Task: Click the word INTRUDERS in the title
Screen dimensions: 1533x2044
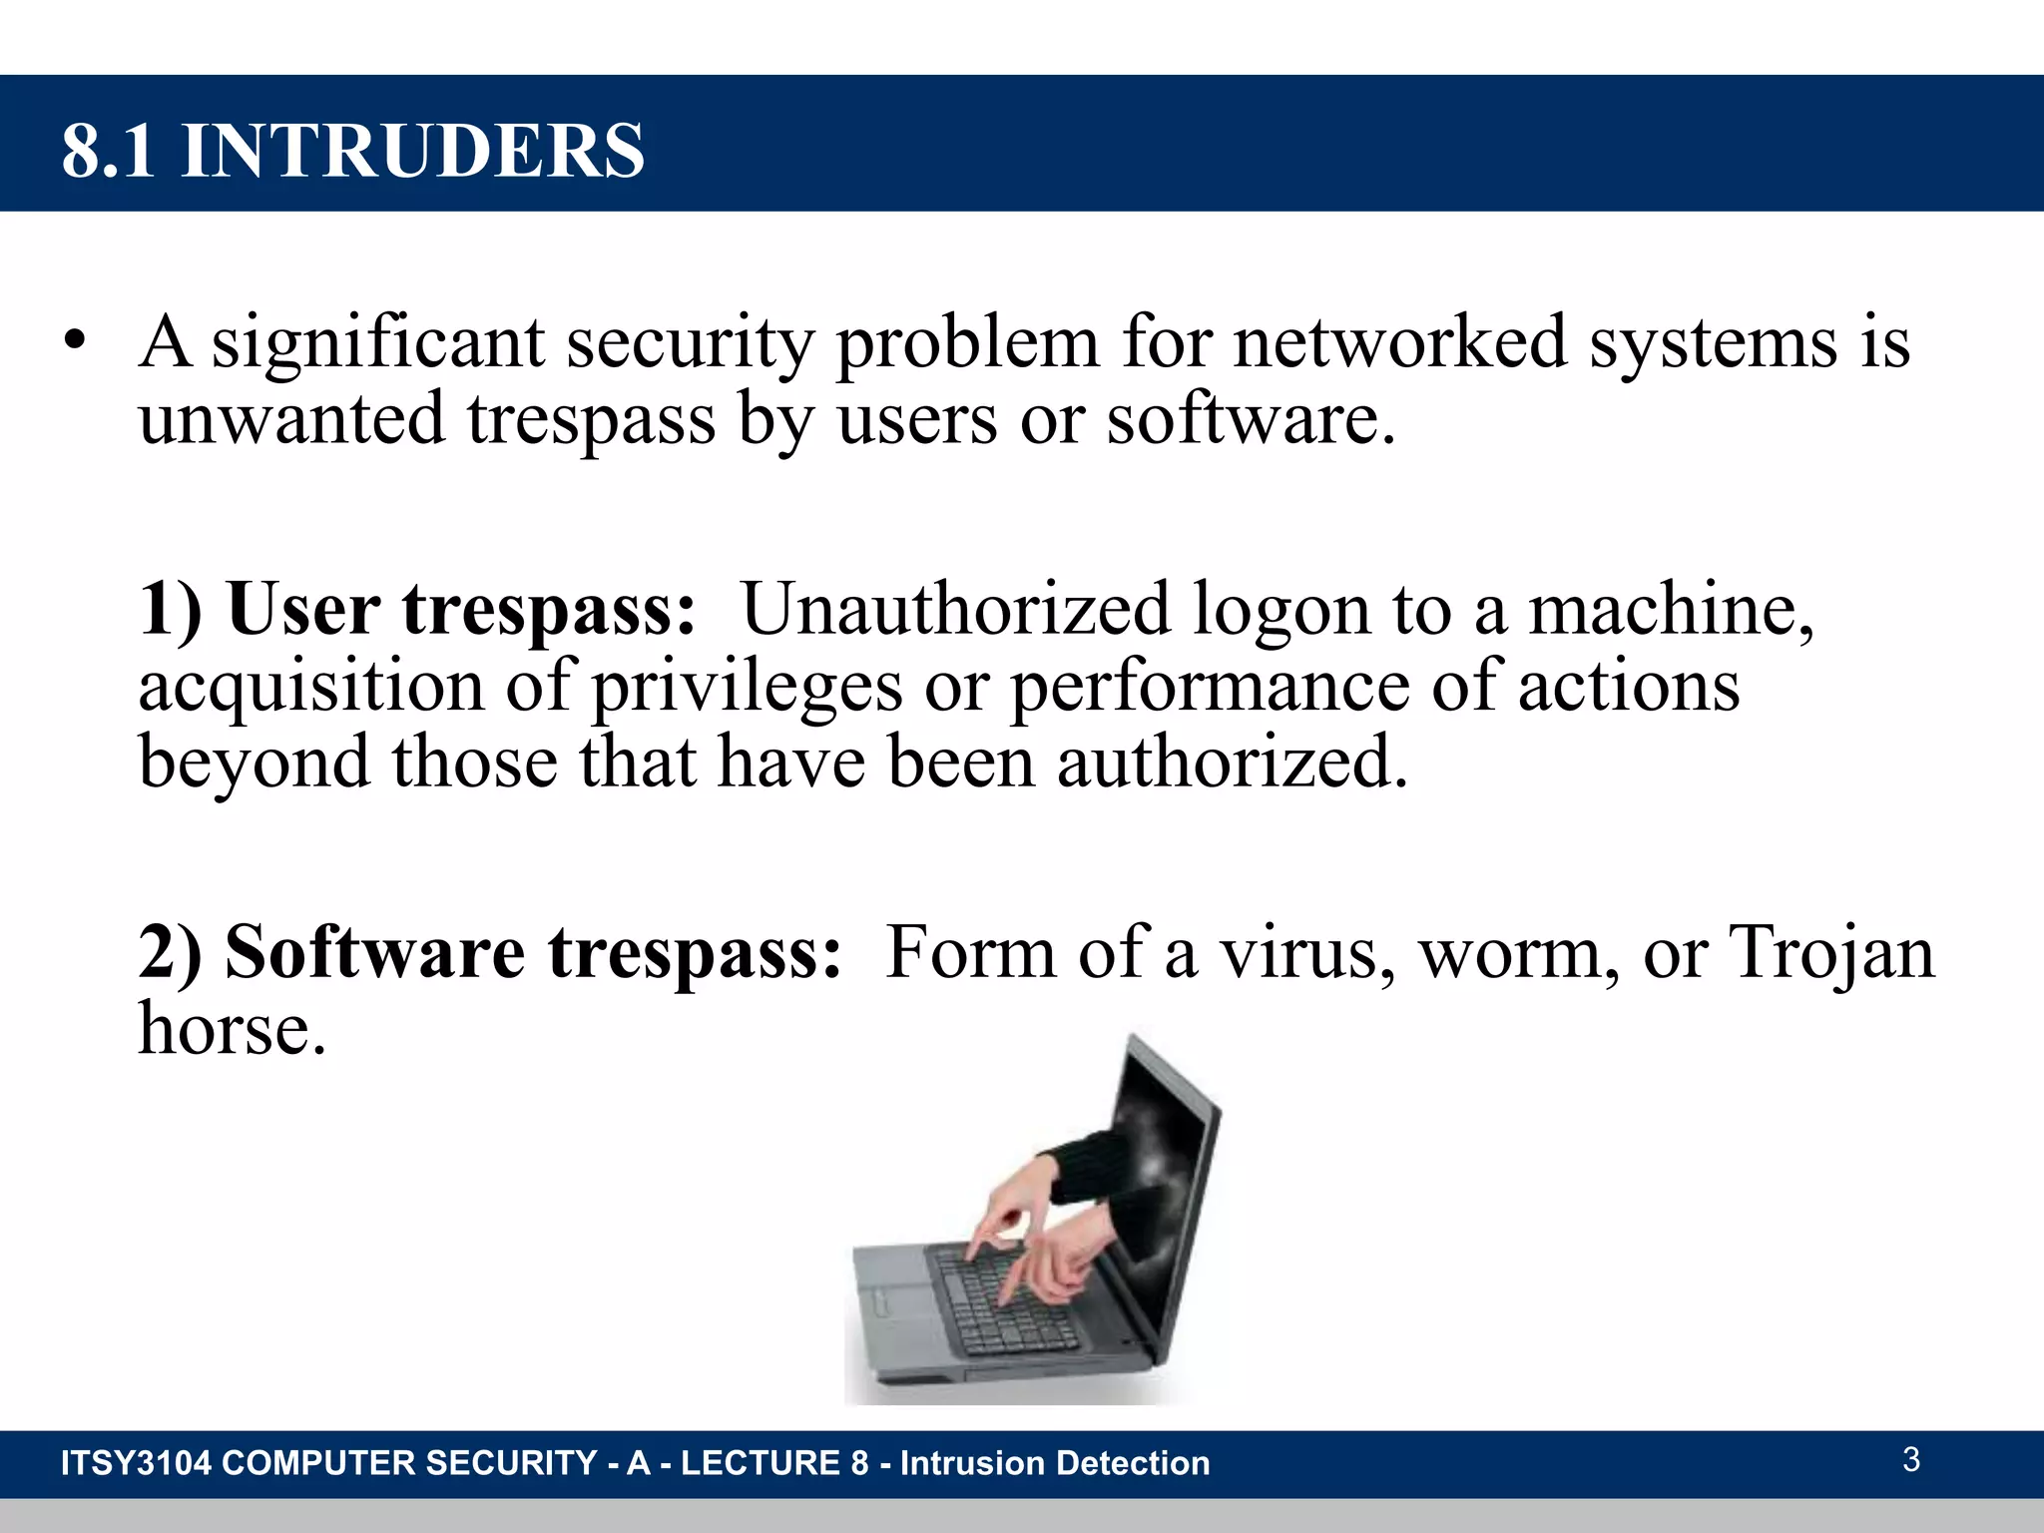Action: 413,151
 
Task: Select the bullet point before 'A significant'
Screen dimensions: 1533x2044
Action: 73,342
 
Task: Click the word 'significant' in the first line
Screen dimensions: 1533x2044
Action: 378,342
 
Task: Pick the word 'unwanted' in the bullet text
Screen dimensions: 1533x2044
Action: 291,418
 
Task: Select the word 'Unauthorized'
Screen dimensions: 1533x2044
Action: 955,609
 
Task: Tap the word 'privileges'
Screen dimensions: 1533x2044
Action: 747,687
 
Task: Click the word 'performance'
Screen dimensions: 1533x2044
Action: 1210,687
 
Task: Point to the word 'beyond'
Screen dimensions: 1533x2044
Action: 254,763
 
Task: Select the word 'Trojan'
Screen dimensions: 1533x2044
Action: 1832,952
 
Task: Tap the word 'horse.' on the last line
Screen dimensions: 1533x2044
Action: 233,1029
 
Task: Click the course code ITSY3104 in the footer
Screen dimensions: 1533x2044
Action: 136,1463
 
